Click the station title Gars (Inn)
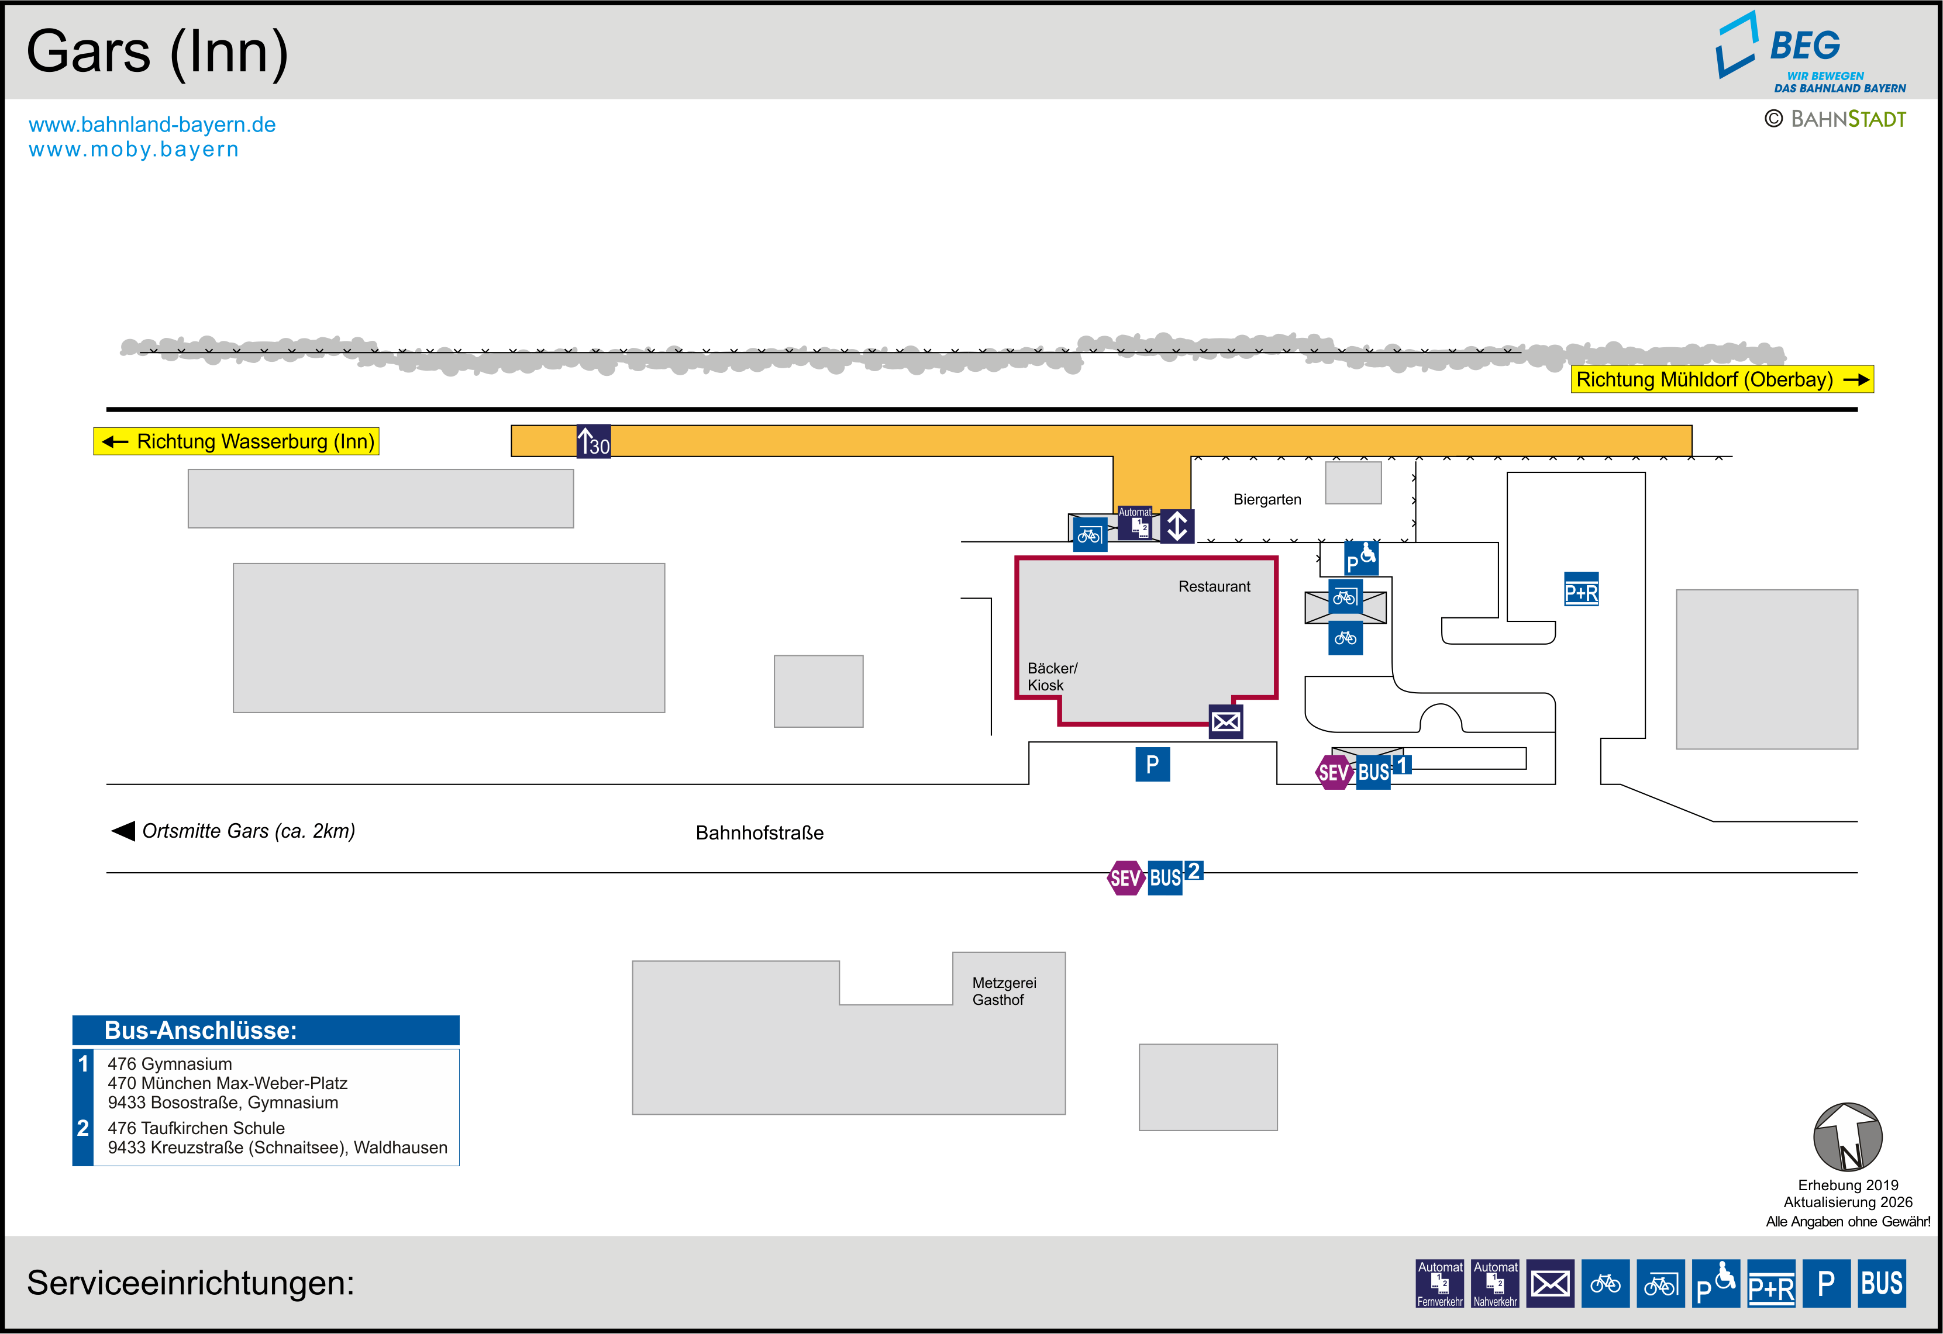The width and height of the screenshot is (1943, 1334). coord(157,53)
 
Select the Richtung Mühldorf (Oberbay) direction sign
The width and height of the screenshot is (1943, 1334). coord(1722,379)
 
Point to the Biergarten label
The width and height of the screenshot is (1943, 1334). coord(1267,500)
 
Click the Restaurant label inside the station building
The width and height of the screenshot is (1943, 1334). coord(1215,587)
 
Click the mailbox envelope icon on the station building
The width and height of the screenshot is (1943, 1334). coord(1227,721)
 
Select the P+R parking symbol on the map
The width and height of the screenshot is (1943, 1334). coord(1581,589)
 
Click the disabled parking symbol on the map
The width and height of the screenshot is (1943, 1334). coord(1361,558)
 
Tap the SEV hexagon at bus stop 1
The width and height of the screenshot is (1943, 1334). coord(1334,772)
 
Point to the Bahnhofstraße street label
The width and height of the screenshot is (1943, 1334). coord(760,832)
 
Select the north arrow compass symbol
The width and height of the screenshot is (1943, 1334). coord(1848,1137)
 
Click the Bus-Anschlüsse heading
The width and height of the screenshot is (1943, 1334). coord(201,1031)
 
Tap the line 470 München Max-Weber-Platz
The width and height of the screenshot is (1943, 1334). coord(228,1083)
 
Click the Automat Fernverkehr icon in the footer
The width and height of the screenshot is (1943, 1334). coord(1439,1284)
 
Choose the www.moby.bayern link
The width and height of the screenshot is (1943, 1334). coord(134,150)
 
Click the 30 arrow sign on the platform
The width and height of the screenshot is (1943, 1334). coord(594,441)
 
